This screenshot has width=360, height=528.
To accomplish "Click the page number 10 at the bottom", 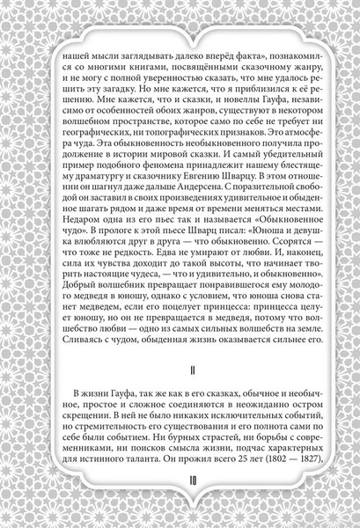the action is coord(180,504).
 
